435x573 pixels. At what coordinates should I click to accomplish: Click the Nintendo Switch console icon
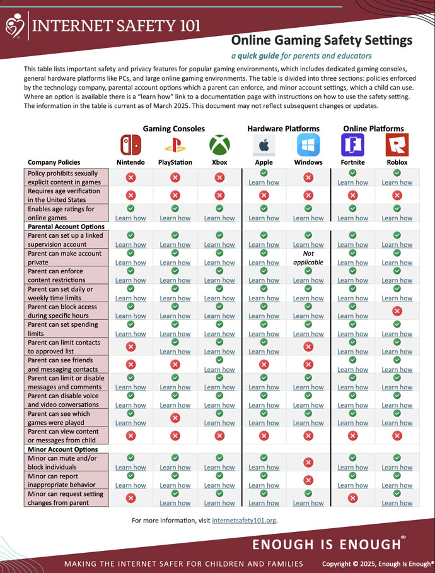pyautogui.click(x=130, y=145)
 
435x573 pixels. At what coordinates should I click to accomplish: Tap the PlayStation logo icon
pyautogui.click(x=175, y=145)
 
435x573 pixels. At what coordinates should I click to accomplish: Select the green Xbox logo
pyautogui.click(x=219, y=145)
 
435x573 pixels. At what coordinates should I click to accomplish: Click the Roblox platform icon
pyautogui.click(x=397, y=145)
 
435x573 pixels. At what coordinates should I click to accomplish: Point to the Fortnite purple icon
pyautogui.click(x=352, y=145)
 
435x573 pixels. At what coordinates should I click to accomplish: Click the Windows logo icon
pyautogui.click(x=308, y=145)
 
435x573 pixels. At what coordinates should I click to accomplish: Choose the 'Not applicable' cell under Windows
pyautogui.click(x=308, y=257)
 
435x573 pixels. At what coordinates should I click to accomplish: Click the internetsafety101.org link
pyautogui.click(x=244, y=521)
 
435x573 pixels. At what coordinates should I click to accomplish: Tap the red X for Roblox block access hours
pyautogui.click(x=397, y=310)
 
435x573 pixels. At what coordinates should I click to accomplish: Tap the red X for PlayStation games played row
pyautogui.click(x=175, y=418)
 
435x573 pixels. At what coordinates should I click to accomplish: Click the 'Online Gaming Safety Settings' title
pyautogui.click(x=322, y=41)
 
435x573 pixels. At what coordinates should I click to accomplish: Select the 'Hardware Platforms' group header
pyautogui.click(x=283, y=128)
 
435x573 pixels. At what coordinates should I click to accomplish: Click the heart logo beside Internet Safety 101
pyautogui.click(x=14, y=26)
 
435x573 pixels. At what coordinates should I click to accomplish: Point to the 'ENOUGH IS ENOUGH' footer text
pyautogui.click(x=327, y=544)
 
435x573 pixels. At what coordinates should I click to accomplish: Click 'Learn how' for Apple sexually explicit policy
pyautogui.click(x=264, y=182)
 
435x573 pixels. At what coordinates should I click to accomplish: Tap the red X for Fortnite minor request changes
pyautogui.click(x=352, y=498)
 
